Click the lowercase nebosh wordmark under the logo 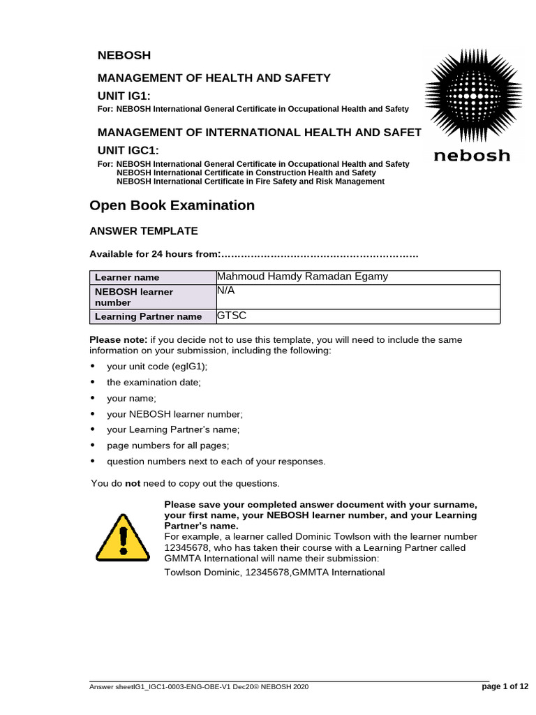point(472,155)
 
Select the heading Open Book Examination point(172,205)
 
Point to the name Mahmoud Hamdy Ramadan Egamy point(303,277)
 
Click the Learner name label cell point(127,277)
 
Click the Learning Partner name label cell point(148,316)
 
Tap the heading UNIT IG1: point(124,96)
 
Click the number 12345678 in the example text point(187,548)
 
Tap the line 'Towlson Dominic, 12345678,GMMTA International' point(274,573)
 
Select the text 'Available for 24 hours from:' point(155,254)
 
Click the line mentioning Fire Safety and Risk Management point(250,182)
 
